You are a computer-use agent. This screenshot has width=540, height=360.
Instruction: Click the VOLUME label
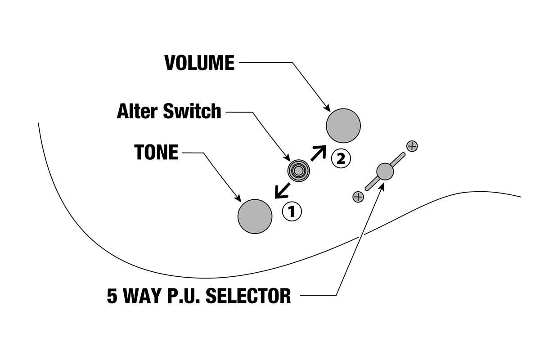[199, 63]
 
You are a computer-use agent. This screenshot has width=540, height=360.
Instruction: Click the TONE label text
[156, 153]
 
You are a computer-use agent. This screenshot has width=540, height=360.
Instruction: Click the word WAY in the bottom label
[143, 296]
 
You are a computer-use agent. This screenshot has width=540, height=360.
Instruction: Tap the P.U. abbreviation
[182, 296]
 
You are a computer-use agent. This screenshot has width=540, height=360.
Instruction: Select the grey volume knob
[343, 126]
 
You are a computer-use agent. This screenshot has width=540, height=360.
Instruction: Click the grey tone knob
[255, 216]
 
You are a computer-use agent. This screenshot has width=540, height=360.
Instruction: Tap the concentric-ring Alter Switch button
[298, 171]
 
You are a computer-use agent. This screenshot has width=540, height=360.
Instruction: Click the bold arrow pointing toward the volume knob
[318, 153]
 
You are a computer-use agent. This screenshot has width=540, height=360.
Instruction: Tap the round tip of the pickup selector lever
[384, 171]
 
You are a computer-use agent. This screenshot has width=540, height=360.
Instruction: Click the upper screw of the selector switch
[412, 146]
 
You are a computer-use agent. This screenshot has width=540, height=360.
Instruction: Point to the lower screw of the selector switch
[358, 197]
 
